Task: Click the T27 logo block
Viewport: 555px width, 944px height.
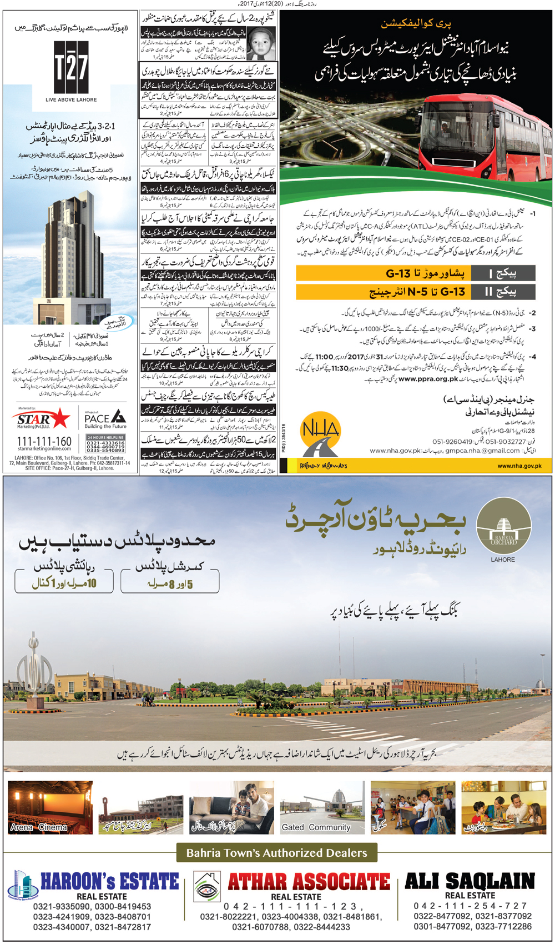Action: pyautogui.click(x=71, y=67)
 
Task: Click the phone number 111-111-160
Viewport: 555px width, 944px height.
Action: pyautogui.click(x=44, y=441)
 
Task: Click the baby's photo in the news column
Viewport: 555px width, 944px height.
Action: pyautogui.click(x=260, y=44)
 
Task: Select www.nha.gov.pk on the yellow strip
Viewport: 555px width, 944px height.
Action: pyautogui.click(x=519, y=466)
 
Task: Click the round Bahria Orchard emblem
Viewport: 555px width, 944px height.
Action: pyautogui.click(x=503, y=525)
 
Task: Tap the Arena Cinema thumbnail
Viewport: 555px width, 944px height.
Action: pyautogui.click(x=50, y=807)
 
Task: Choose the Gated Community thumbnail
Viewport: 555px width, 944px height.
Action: pyautogui.click(x=322, y=807)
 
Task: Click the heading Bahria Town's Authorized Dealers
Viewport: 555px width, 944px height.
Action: pyautogui.click(x=276, y=853)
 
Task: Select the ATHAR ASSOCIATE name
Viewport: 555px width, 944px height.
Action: pyautogui.click(x=309, y=881)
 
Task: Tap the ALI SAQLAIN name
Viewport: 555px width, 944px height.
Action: pyautogui.click(x=470, y=881)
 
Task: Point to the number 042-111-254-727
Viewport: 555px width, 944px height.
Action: pyautogui.click(x=470, y=906)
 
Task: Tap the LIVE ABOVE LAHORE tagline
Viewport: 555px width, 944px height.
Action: pyautogui.click(x=71, y=100)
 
